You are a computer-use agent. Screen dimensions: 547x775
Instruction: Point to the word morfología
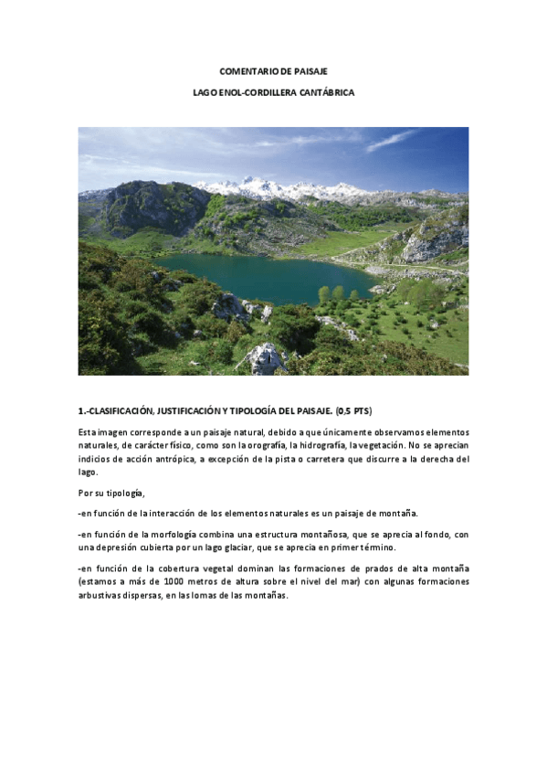[189, 533]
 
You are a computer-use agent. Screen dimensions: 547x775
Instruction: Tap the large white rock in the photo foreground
[263, 357]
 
